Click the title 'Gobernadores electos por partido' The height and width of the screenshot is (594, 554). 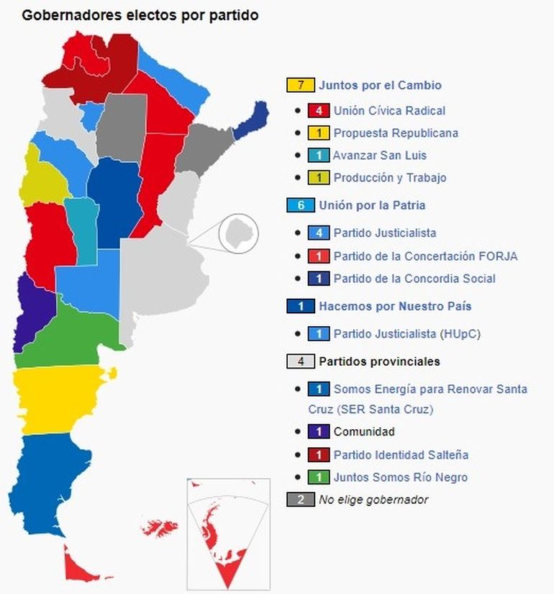140,15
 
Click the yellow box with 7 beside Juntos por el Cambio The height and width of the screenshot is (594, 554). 300,85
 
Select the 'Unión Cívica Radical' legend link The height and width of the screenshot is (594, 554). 389,111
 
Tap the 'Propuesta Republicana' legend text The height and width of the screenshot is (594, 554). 395,133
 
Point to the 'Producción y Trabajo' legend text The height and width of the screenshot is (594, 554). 389,178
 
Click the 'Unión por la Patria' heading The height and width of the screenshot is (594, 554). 372,205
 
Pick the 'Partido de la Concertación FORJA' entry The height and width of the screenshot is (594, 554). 425,256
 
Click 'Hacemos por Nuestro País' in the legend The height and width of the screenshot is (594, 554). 395,306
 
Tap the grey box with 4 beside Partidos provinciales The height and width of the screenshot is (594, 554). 300,361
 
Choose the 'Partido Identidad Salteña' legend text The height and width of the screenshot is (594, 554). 400,455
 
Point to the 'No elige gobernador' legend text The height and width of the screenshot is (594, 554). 373,500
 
